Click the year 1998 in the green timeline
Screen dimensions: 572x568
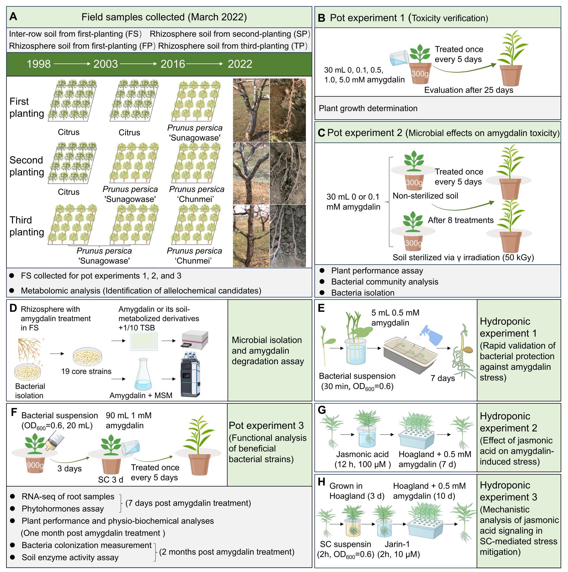[x=39, y=64]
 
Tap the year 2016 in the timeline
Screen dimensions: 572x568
[x=173, y=64]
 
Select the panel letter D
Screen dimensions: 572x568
[x=13, y=308]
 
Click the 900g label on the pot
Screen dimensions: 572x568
[x=35, y=465]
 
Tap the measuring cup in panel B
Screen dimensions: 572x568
[x=399, y=58]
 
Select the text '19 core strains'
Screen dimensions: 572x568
[x=86, y=371]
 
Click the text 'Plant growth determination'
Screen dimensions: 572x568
[x=368, y=108]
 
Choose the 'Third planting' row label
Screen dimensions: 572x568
[x=27, y=226]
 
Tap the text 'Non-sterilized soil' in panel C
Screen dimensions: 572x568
[x=425, y=196]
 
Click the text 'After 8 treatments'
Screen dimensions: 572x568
[x=461, y=220]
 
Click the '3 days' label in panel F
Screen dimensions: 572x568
[x=70, y=469]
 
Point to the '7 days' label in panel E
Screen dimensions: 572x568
[x=442, y=378]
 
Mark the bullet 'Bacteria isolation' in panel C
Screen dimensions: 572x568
[x=362, y=293]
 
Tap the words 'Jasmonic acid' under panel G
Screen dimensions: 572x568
[x=362, y=454]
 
